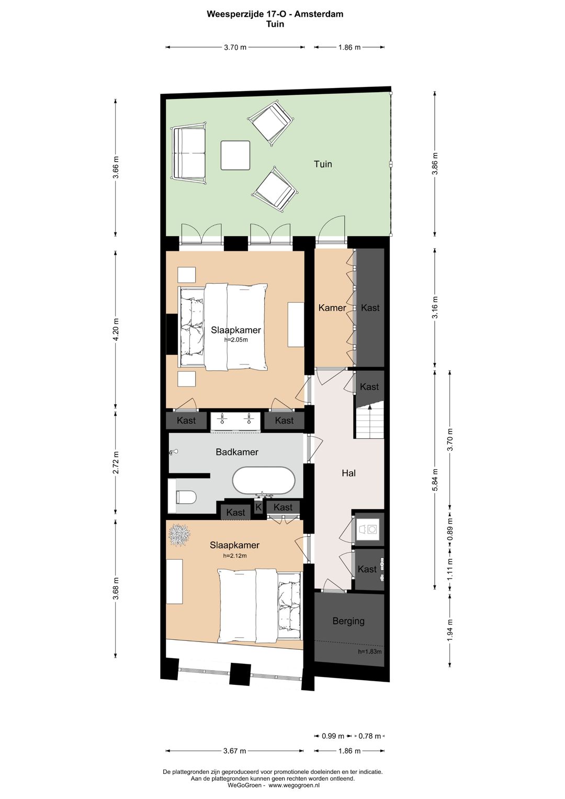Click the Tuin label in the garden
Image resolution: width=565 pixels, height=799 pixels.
323,164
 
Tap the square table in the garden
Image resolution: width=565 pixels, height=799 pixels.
235,155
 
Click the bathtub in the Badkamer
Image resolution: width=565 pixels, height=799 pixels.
264,481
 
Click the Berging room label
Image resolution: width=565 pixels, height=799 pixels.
348,621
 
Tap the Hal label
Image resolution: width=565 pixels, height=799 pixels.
348,473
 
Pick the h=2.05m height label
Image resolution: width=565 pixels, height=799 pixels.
236,340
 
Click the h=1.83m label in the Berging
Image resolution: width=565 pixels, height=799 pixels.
370,652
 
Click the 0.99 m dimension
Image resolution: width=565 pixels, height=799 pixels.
333,736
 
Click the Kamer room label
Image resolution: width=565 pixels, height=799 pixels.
332,307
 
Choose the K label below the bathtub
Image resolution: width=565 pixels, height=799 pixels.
258,507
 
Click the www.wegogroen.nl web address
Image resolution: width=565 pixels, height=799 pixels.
293,785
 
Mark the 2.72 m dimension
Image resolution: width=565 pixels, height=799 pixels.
116,463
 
